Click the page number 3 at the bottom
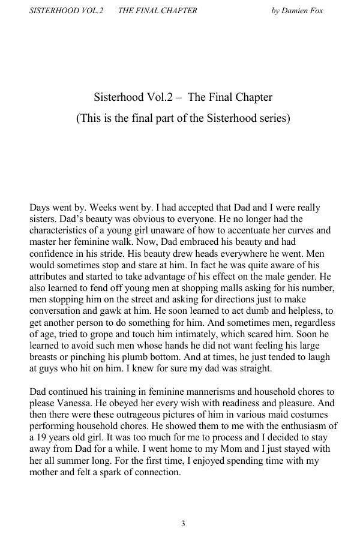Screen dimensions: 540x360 (183, 524)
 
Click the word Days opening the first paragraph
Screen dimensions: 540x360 (41, 208)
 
